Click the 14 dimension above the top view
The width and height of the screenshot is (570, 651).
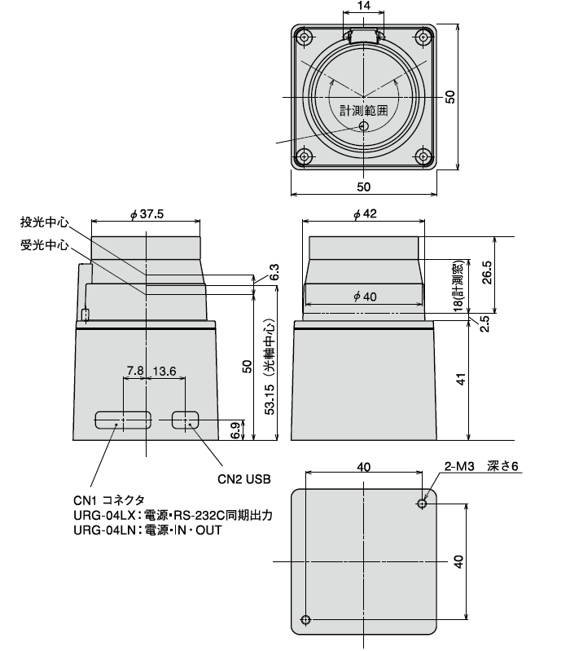pyautogui.click(x=363, y=6)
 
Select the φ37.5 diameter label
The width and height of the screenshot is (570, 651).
pyautogui.click(x=147, y=214)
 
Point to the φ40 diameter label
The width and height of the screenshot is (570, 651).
pyautogui.click(x=363, y=297)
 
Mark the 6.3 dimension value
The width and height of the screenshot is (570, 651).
pyautogui.click(x=274, y=272)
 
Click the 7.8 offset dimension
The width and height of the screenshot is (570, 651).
pyautogui.click(x=135, y=371)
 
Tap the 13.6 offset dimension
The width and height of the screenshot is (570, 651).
pyautogui.click(x=164, y=371)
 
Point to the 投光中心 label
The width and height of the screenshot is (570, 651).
pyautogui.click(x=45, y=222)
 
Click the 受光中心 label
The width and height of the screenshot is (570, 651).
pyautogui.click(x=45, y=244)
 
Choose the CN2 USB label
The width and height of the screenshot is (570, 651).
pyautogui.click(x=243, y=479)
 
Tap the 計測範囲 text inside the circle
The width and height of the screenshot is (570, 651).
pyautogui.click(x=363, y=110)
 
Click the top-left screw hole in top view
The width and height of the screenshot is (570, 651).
pyautogui.click(x=305, y=37)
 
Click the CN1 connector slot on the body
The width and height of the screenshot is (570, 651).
pyautogui.click(x=123, y=420)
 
